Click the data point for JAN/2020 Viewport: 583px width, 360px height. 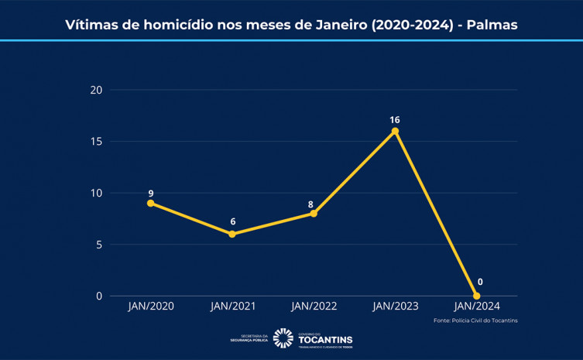pyautogui.click(x=150, y=203)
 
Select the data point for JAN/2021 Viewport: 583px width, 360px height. pyautogui.click(x=232, y=234)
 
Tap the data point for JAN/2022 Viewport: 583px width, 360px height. pyautogui.click(x=314, y=213)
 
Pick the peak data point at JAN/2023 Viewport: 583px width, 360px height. pyautogui.click(x=395, y=131)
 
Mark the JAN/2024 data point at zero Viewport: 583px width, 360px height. pyautogui.click(x=476, y=296)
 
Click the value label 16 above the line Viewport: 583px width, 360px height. pyautogui.click(x=395, y=120)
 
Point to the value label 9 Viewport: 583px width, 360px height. pyautogui.click(x=150, y=192)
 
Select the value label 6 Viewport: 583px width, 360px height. pyautogui.click(x=232, y=222)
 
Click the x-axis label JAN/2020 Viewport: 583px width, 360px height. pyautogui.click(x=150, y=307)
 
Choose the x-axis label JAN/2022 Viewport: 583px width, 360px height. pyautogui.click(x=314, y=307)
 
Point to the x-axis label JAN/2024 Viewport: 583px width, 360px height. pyautogui.click(x=476, y=307)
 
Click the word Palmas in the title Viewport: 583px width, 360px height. pyautogui.click(x=492, y=25)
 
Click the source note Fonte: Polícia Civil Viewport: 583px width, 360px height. pyautogui.click(x=475, y=321)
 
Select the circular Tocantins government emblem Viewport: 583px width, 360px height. pyautogui.click(x=283, y=338)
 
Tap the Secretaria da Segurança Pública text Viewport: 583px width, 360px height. pyautogui.click(x=249, y=338)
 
